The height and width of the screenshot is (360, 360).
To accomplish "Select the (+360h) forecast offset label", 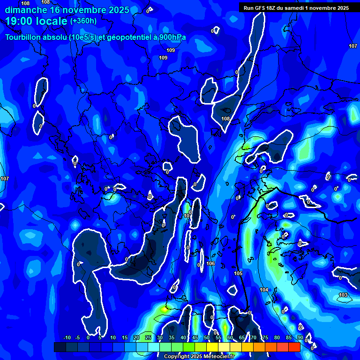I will (x=83, y=21).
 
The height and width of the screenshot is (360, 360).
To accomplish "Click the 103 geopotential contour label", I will (x=343, y=295).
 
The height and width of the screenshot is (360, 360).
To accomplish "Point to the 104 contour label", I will (x=264, y=290).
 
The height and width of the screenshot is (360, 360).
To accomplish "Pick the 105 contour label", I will (x=238, y=273).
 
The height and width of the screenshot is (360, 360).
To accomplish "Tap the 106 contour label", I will (x=210, y=264).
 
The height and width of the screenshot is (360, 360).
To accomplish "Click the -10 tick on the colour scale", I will (x=67, y=338).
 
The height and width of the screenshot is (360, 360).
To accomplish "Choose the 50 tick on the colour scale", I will (x=206, y=338).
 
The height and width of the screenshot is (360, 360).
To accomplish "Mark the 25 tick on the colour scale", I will (x=148, y=338).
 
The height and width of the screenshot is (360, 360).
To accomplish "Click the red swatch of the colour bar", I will (x=294, y=347).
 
